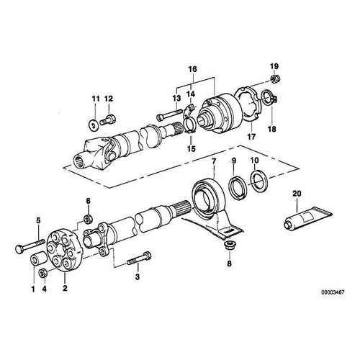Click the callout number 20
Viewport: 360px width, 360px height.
(296, 194)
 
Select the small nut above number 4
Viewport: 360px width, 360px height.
(43, 273)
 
